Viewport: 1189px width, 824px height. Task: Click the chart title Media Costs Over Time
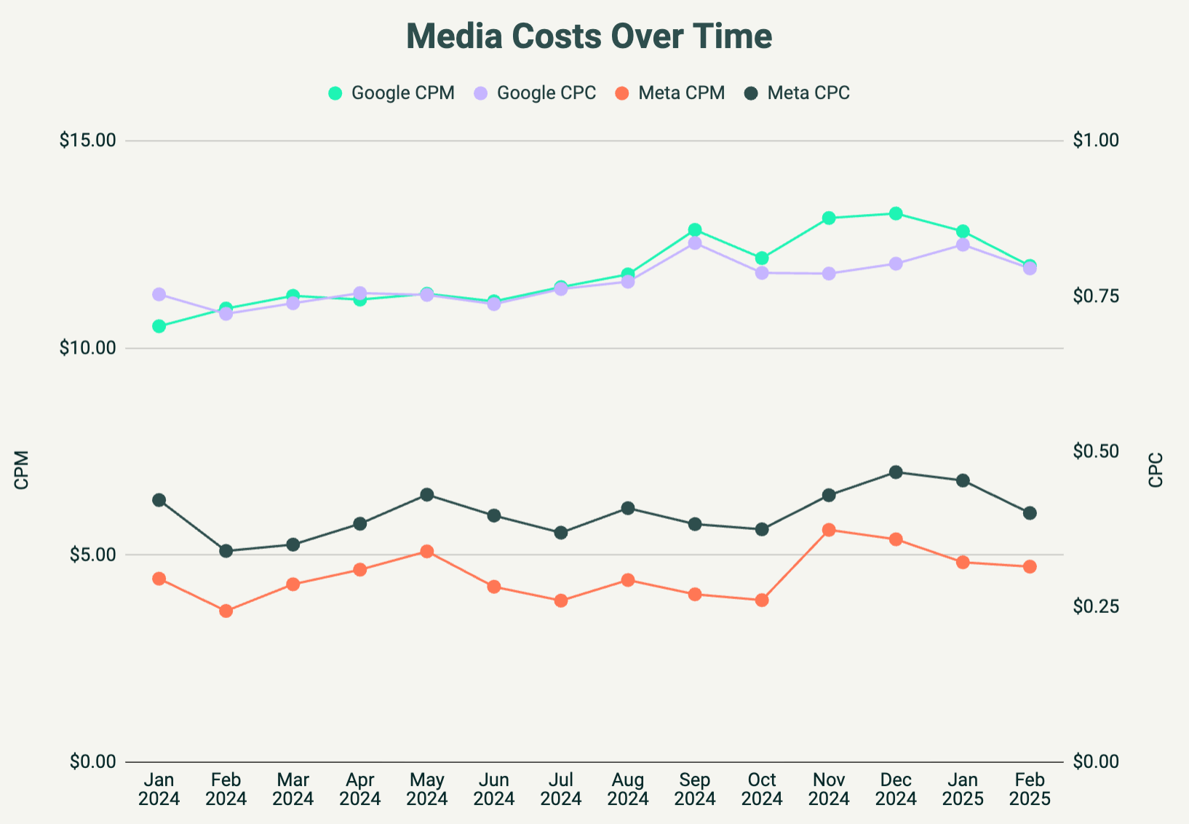pyautogui.click(x=589, y=36)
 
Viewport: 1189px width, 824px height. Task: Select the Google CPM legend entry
pyautogui.click(x=391, y=93)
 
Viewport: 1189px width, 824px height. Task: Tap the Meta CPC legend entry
pyautogui.click(x=798, y=93)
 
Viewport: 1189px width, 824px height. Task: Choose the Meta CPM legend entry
pyautogui.click(x=670, y=93)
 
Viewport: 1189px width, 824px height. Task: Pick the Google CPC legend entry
pyautogui.click(x=535, y=93)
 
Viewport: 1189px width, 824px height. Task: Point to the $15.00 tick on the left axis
pyautogui.click(x=88, y=140)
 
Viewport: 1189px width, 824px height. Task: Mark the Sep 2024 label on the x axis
pyautogui.click(x=695, y=790)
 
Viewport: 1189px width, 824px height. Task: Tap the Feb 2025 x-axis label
pyautogui.click(x=1030, y=790)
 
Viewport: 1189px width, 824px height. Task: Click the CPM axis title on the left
pyautogui.click(x=22, y=470)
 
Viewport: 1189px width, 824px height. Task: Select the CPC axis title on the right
pyautogui.click(x=1156, y=470)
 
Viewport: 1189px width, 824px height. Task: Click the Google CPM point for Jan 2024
pyautogui.click(x=159, y=326)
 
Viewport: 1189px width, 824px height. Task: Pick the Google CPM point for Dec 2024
pyautogui.click(x=896, y=213)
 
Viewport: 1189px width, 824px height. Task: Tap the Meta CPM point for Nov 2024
pyautogui.click(x=829, y=529)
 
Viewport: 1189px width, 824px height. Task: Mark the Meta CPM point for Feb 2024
pyautogui.click(x=226, y=611)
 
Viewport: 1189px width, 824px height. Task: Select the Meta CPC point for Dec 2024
pyautogui.click(x=896, y=472)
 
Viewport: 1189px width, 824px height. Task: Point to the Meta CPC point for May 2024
pyautogui.click(x=427, y=495)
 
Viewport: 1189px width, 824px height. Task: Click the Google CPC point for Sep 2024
pyautogui.click(x=695, y=243)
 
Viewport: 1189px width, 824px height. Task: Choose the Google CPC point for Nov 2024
pyautogui.click(x=829, y=274)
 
